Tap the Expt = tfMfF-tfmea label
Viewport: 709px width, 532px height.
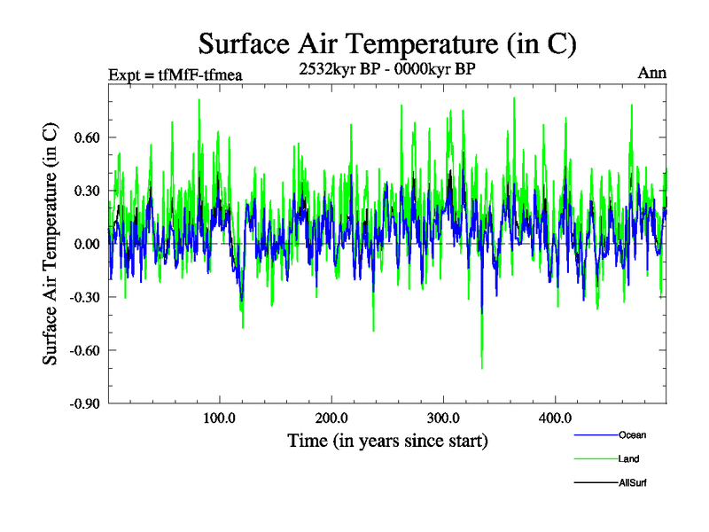175,74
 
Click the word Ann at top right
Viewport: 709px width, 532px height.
652,74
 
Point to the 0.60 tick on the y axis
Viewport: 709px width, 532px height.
86,137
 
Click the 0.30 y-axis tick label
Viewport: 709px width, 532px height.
86,191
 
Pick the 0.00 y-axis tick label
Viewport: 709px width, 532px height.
86,244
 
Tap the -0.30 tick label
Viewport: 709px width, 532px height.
83,297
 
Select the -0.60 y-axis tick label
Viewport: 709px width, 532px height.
83,350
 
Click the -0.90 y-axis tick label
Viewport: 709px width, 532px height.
83,403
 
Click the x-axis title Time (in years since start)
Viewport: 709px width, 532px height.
387,441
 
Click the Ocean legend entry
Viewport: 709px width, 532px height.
633,434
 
